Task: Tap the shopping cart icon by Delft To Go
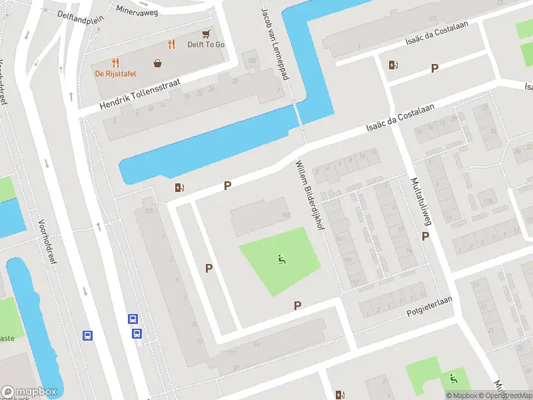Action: (207, 33)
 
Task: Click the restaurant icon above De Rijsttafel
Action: (116, 63)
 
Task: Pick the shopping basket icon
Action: (158, 63)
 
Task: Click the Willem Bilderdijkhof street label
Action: (310, 187)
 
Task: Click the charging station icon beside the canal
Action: (179, 188)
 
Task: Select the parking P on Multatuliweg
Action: (425, 236)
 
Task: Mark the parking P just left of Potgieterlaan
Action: (298, 305)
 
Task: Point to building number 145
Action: (286, 215)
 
